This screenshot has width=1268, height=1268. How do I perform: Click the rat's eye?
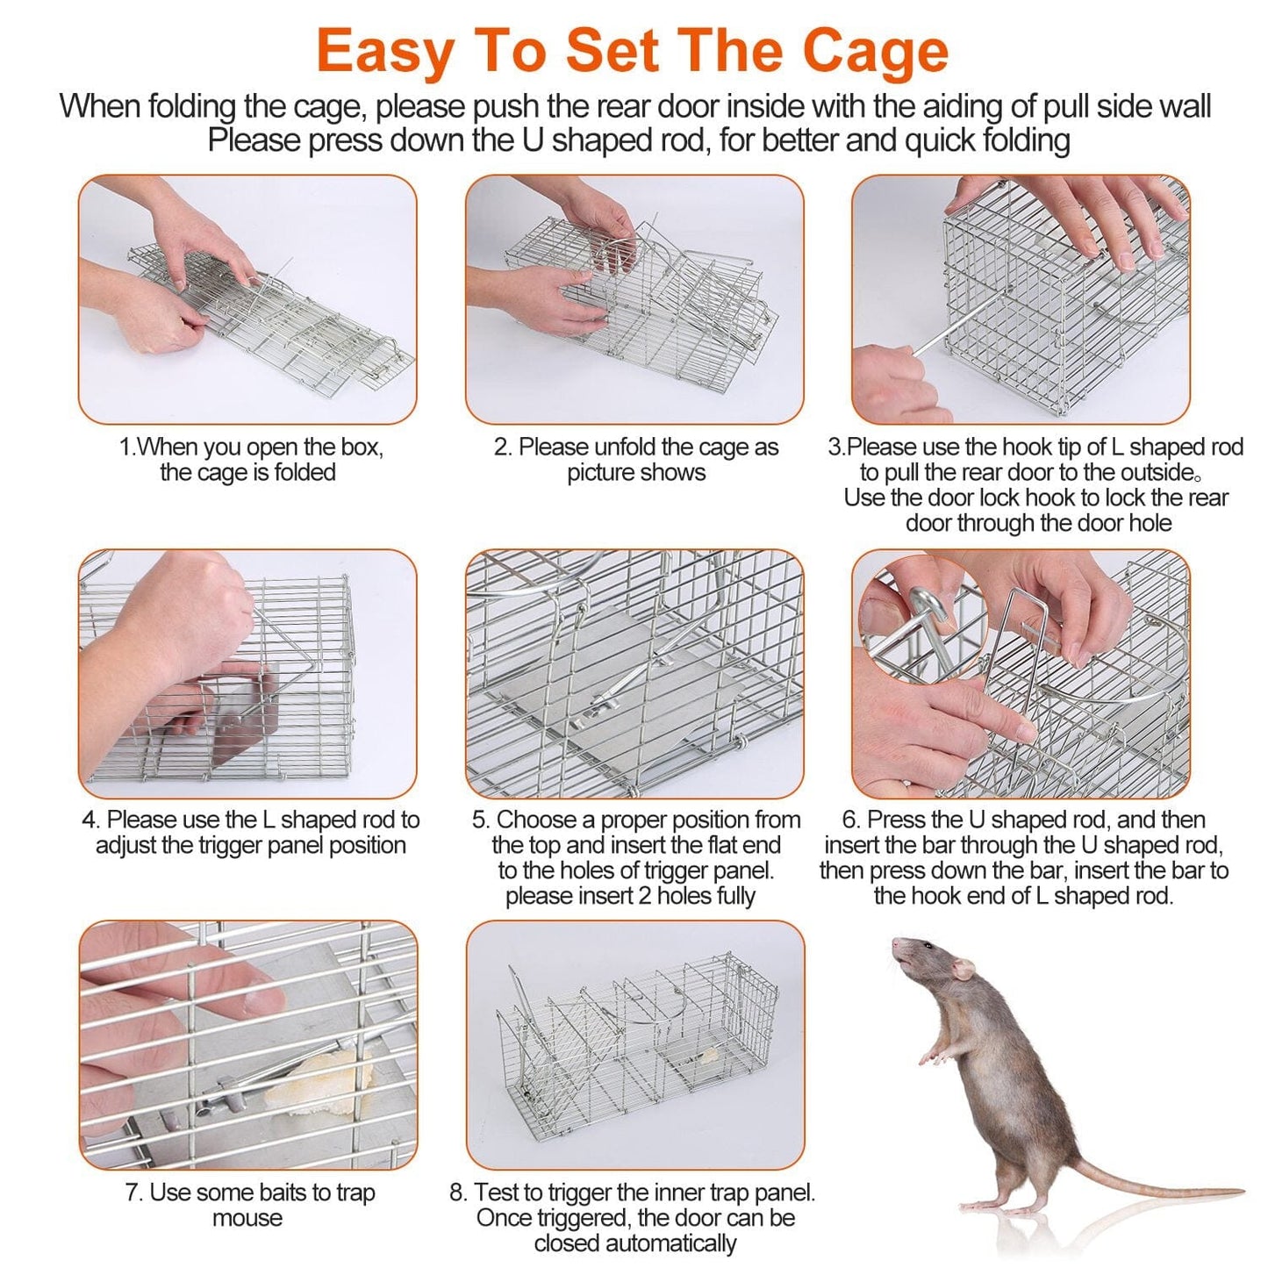927,948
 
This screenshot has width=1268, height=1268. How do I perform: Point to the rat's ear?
964,969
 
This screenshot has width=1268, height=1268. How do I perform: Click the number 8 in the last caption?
456,1193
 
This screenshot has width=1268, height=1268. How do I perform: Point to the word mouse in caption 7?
247,1218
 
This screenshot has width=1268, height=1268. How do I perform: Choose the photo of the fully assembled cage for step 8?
634,1044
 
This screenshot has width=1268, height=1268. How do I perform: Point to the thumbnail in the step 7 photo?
264,1000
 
